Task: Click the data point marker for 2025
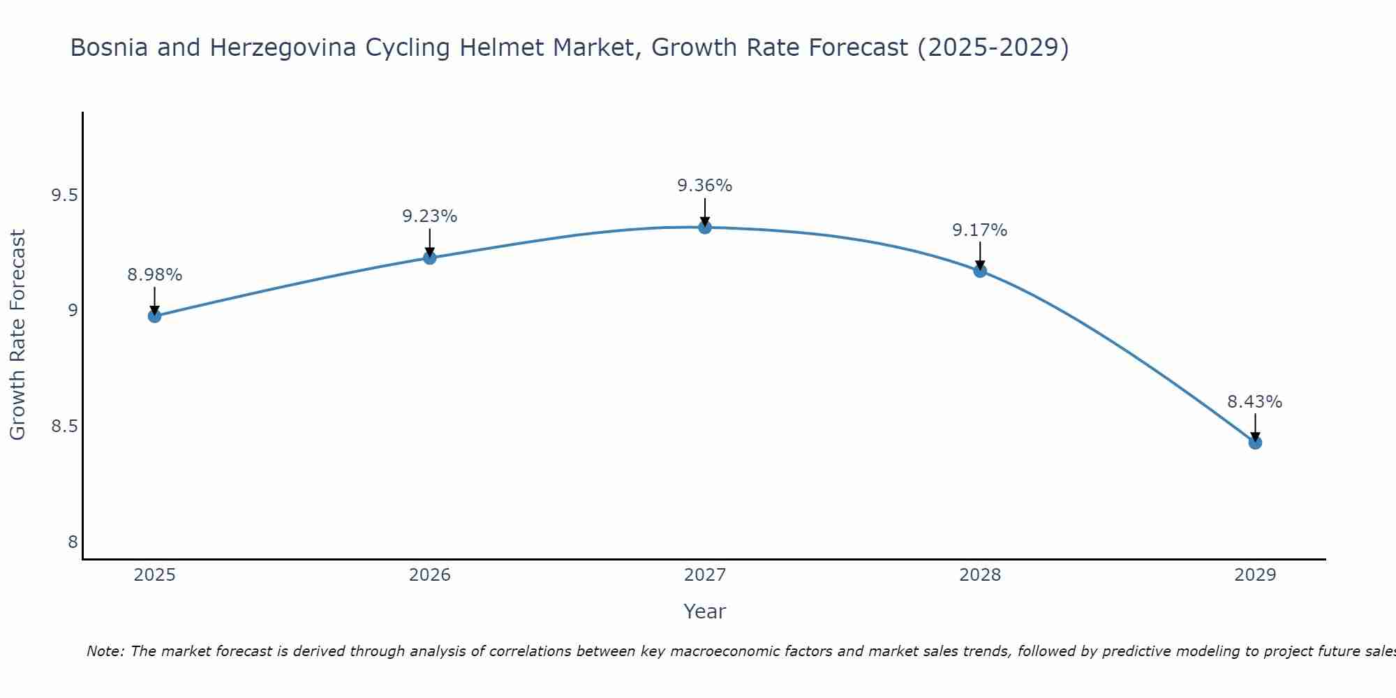pyautogui.click(x=154, y=316)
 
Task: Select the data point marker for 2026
pyautogui.click(x=429, y=258)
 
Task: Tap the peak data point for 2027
pyautogui.click(x=704, y=227)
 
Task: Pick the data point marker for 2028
pyautogui.click(x=980, y=271)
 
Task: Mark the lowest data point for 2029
pyautogui.click(x=1255, y=443)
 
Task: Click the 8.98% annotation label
pyautogui.click(x=154, y=275)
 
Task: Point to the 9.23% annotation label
pyautogui.click(x=429, y=216)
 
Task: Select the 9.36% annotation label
pyautogui.click(x=704, y=186)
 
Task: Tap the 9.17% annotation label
pyautogui.click(x=980, y=230)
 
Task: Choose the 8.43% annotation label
pyautogui.click(x=1255, y=402)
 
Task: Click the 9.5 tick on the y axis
pyautogui.click(x=64, y=195)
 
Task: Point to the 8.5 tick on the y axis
pyautogui.click(x=64, y=426)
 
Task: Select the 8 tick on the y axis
pyautogui.click(x=73, y=542)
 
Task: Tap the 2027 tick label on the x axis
pyautogui.click(x=704, y=575)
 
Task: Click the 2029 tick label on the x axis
pyautogui.click(x=1255, y=575)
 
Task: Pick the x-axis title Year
pyautogui.click(x=704, y=611)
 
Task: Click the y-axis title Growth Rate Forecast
pyautogui.click(x=18, y=334)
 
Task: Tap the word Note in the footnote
pyautogui.click(x=104, y=651)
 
